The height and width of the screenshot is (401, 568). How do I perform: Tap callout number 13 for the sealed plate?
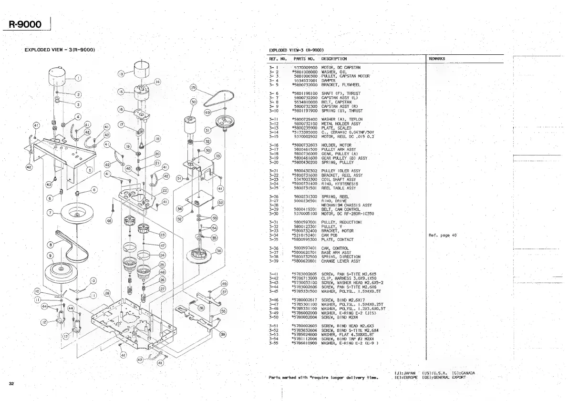click(x=121, y=74)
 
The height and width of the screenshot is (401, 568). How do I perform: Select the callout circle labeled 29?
click(x=193, y=88)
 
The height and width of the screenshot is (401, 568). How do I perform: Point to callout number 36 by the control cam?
click(x=219, y=250)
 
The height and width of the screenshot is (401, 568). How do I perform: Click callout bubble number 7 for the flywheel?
click(x=50, y=213)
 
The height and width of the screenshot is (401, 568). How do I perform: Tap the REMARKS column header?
click(x=437, y=59)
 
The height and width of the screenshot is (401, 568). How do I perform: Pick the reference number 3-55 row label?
click(x=273, y=343)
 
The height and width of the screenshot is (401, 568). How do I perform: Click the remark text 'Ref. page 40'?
click(x=443, y=235)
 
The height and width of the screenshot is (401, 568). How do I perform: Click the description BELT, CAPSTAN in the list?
click(x=336, y=102)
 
